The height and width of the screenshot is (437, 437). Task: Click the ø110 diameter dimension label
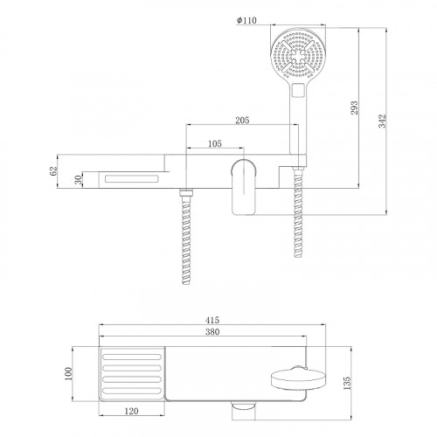[246, 20]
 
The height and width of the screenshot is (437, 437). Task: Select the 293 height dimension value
[354, 108]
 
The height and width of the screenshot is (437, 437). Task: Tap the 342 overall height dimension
[382, 121]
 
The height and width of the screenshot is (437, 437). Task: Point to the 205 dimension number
[242, 120]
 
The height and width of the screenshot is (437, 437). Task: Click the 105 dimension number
[215, 143]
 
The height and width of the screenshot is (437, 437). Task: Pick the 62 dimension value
[53, 170]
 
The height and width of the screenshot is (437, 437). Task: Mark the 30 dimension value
[79, 180]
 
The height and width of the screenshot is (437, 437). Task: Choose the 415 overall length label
[212, 320]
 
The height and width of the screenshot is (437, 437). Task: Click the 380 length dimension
[212, 331]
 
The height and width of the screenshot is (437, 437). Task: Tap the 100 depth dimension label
[67, 374]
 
